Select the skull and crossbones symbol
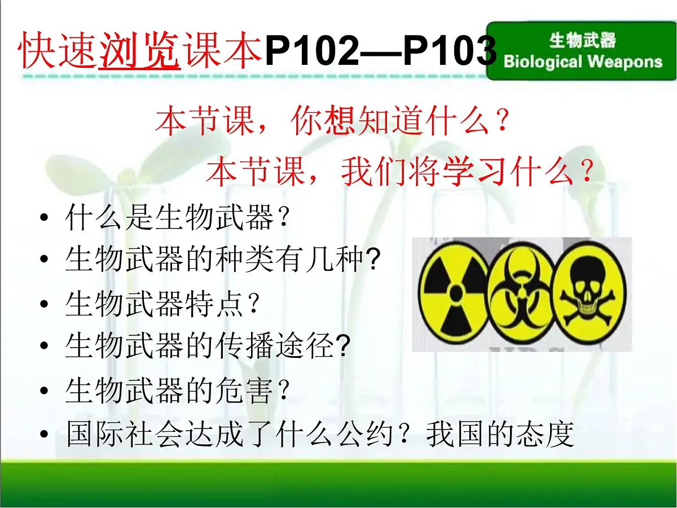coord(588,294)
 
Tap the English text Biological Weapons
coord(583,61)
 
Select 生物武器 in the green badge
coord(583,41)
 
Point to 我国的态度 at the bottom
coord(500,435)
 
